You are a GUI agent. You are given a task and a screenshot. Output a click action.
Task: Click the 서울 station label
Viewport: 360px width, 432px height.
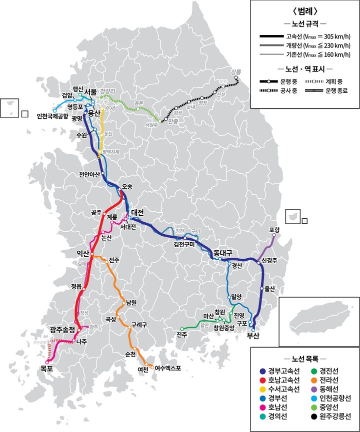click(x=90, y=92)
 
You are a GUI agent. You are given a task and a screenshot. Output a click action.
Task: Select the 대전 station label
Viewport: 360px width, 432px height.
click(x=137, y=212)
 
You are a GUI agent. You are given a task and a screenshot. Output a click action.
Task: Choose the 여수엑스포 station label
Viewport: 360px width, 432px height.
click(x=167, y=369)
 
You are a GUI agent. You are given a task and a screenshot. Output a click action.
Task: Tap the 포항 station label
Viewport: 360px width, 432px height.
click(x=274, y=230)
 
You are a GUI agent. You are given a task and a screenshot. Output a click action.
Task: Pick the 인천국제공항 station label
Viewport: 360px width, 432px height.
click(x=55, y=116)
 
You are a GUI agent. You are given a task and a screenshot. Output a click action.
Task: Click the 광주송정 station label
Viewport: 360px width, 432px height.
click(x=62, y=330)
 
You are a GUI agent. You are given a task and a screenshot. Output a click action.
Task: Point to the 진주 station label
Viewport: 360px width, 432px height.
click(x=182, y=334)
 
